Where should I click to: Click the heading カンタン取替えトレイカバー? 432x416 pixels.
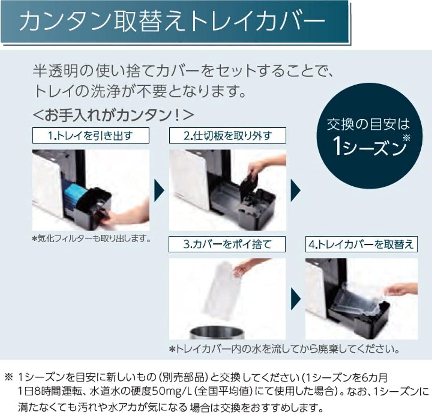(172, 22)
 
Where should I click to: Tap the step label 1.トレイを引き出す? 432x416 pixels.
(91, 135)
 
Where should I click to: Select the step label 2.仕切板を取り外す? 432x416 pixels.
(227, 135)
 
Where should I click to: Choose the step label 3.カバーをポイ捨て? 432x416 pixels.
(227, 244)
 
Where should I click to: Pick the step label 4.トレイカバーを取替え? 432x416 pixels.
(361, 244)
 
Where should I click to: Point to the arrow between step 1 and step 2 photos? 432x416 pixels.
(159, 190)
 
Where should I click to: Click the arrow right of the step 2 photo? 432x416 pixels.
(296, 190)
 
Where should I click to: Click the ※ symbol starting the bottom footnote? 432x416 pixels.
(9, 377)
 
